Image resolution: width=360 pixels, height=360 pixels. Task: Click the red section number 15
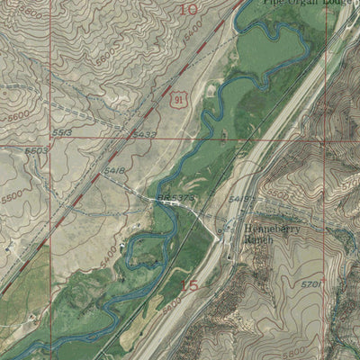[x=188, y=285]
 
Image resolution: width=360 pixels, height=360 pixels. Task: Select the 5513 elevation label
[x=62, y=131]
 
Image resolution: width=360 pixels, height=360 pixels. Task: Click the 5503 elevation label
[x=36, y=150]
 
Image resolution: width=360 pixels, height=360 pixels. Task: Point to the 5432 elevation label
[x=144, y=134]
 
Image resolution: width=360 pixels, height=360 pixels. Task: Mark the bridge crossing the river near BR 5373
[x=169, y=202]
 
